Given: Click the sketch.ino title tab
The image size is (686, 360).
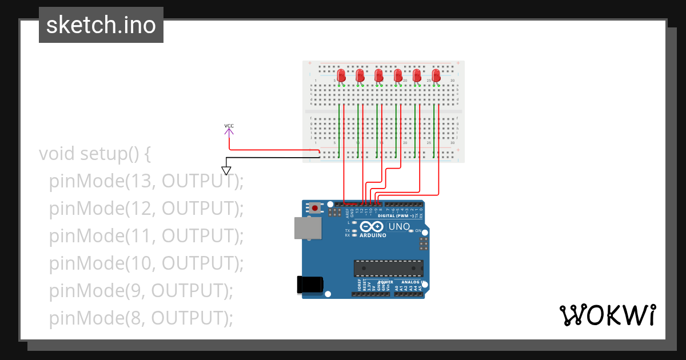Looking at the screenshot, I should (x=101, y=25).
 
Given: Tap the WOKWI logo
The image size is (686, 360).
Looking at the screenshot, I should (x=607, y=315).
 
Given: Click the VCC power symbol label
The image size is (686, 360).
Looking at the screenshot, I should (x=229, y=126).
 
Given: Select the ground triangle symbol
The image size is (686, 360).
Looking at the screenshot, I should (x=226, y=170).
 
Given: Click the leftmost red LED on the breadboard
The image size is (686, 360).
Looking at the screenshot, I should (x=341, y=75).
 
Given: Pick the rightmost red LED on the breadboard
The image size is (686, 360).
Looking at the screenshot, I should (x=436, y=75).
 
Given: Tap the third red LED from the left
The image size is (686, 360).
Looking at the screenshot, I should (x=378, y=75).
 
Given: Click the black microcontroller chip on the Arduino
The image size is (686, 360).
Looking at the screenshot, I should (x=389, y=268).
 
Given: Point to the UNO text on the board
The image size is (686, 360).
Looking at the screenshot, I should (x=400, y=227).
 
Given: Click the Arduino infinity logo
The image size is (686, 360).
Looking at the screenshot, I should (x=372, y=227).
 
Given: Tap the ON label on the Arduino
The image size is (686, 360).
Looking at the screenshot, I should (x=418, y=231).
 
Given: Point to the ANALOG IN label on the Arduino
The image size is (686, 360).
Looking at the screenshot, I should (x=411, y=282).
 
